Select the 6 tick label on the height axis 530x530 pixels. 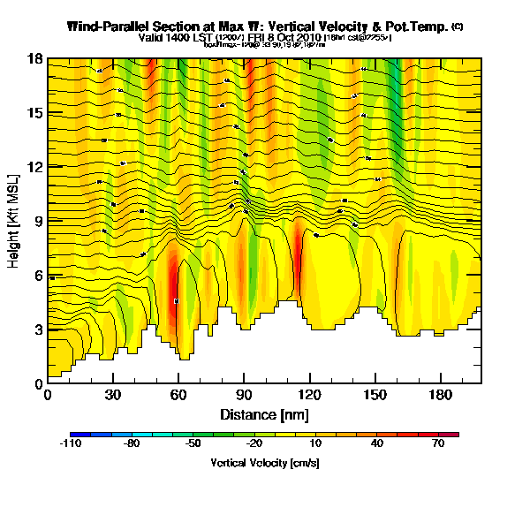39,276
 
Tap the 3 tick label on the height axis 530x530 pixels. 39,329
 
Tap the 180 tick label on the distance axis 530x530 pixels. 440,396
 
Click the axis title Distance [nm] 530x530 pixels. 264,413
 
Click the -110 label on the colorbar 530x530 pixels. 71,444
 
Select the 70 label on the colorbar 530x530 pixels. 436,444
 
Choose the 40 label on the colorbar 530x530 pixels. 377,444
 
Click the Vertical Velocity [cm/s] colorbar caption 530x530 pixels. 264,463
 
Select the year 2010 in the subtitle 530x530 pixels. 307,38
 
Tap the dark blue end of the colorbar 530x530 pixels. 75,435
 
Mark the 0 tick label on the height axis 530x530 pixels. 39,384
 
